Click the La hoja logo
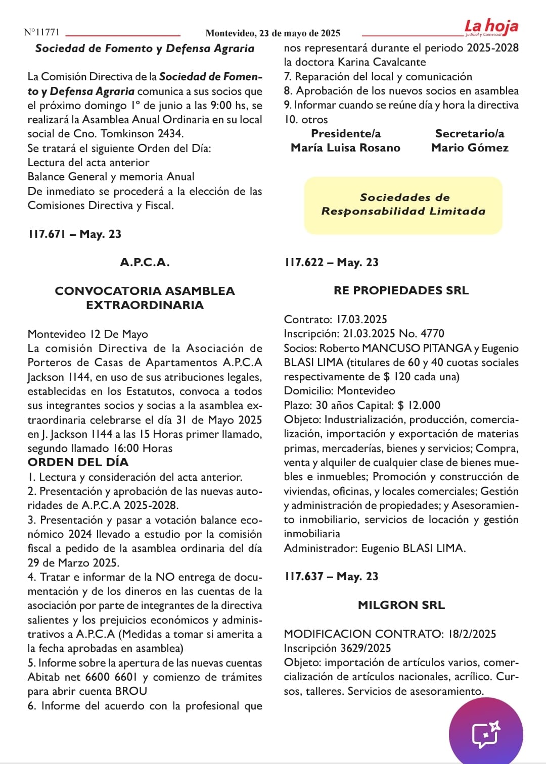pos(491,27)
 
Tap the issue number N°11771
pos(41,32)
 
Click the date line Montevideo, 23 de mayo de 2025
pos(272,33)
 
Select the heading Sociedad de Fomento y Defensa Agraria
pos(145,48)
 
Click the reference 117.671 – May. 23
pos(74,234)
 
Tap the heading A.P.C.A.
pos(145,262)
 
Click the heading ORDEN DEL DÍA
pos(78,462)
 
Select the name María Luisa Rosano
pos(345,148)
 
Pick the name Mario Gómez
pos(470,148)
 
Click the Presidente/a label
pos(346,134)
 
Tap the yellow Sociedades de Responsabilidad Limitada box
pos(403,205)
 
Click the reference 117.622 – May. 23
pos(331,262)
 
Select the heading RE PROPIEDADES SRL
pos(401,290)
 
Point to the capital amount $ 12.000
pos(419,405)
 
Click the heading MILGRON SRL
pos(401,605)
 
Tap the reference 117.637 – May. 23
pos(331,576)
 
